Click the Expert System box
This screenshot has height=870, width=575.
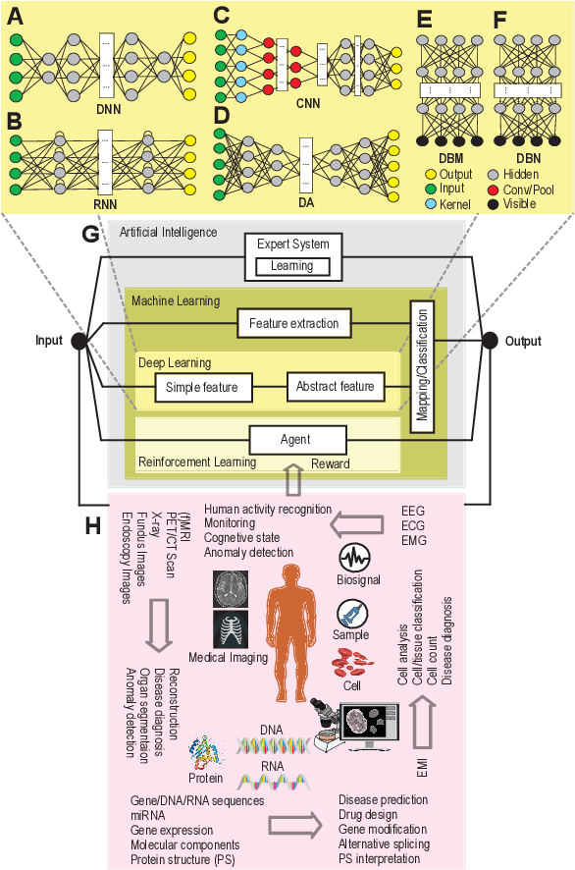tap(292, 252)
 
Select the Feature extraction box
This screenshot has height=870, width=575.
tap(293, 322)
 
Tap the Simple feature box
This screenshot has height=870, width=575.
tap(202, 387)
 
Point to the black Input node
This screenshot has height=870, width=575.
tap(80, 341)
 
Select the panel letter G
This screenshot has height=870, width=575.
tap(92, 236)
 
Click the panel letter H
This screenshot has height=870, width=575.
tap(92, 525)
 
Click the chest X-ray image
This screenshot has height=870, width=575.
tap(231, 628)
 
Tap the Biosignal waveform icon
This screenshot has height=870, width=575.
tap(353, 559)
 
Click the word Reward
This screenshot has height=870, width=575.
tap(331, 463)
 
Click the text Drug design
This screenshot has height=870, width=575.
tap(368, 814)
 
